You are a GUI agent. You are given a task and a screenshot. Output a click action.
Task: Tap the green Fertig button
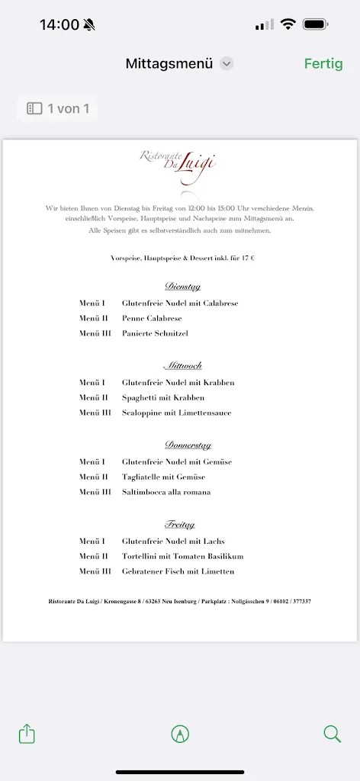[x=323, y=64]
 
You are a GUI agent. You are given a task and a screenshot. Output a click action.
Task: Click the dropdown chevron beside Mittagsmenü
[x=227, y=64]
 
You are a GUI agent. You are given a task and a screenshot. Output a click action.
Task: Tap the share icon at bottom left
[x=27, y=734]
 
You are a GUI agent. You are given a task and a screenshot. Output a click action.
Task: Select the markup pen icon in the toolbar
[x=180, y=734]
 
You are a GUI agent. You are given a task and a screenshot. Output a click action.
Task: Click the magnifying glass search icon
[x=332, y=734]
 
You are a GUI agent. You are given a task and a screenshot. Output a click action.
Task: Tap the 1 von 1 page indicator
[x=58, y=109]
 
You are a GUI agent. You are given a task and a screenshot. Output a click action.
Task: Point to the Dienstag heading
[x=182, y=287]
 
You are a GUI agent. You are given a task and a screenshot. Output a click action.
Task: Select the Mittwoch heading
[x=182, y=366]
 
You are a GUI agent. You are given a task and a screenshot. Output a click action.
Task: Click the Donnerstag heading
[x=188, y=445]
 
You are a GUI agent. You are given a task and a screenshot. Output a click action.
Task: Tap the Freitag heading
[x=180, y=525]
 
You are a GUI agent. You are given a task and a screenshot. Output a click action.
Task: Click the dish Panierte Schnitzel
[x=155, y=334]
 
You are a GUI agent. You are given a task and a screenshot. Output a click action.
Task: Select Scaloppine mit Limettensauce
[x=176, y=413]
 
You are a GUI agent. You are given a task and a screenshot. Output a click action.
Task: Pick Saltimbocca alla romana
[x=166, y=493]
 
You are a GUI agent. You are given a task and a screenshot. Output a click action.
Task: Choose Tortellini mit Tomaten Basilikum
[x=182, y=557]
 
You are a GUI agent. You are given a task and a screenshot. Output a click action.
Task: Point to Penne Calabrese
[x=152, y=319]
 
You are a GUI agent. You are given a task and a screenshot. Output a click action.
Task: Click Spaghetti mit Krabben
[x=163, y=398]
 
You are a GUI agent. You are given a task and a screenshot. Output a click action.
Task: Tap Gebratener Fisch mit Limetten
[x=178, y=572]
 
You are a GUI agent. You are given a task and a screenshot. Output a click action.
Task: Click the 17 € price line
[x=182, y=259]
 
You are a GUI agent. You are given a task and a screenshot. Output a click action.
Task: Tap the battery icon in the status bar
[x=315, y=24]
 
